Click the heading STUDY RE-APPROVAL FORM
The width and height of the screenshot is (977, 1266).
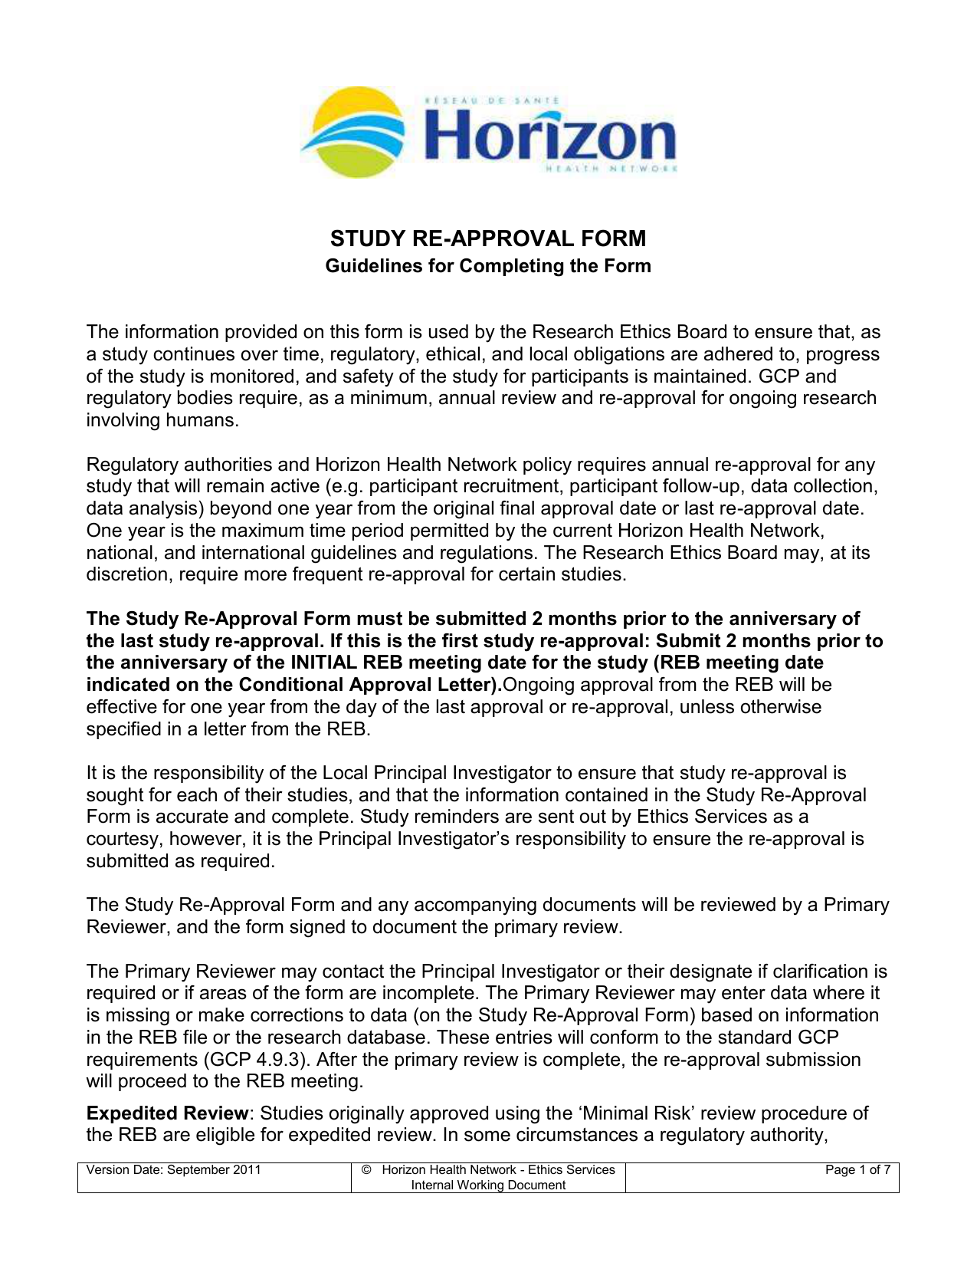tap(488, 238)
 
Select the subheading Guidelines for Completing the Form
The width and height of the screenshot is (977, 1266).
tap(488, 266)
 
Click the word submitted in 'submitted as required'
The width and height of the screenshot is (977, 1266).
tap(125, 861)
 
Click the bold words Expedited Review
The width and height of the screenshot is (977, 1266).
tap(168, 1113)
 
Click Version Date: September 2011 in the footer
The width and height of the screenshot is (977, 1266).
tap(174, 1170)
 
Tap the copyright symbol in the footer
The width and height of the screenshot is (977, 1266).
tap(366, 1170)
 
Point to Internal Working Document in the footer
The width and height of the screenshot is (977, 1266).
tap(488, 1185)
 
